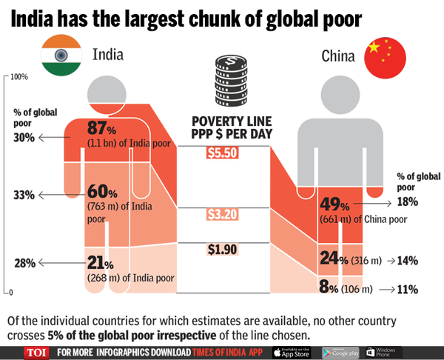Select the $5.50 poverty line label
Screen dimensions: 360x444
coord(223,153)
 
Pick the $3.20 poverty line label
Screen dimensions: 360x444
coord(223,215)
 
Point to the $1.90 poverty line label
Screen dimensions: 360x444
coord(223,250)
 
